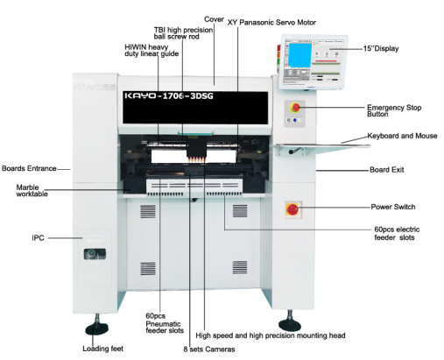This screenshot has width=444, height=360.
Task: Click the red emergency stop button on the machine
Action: [x=296, y=108]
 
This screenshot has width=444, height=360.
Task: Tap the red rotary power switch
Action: [x=292, y=209]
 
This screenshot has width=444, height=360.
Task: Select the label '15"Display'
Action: [x=381, y=48]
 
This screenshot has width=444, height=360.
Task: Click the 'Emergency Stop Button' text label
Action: [x=394, y=110]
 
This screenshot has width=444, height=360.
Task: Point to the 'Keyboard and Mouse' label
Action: [x=402, y=136]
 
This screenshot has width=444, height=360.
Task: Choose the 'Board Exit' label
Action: [x=387, y=170]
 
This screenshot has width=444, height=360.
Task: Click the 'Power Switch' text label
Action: [x=393, y=207]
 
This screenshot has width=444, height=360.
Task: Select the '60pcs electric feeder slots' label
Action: [x=397, y=233]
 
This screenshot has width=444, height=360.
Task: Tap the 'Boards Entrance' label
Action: [x=29, y=168]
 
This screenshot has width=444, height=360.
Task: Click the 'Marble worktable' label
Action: [x=32, y=190]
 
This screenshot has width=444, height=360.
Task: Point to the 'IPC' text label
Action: [x=38, y=238]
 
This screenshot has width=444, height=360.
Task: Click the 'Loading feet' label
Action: [x=102, y=349]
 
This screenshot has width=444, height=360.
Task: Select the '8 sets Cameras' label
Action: [x=209, y=349]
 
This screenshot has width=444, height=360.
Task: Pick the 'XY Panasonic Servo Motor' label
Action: [x=271, y=23]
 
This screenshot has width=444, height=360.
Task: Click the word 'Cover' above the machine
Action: [x=214, y=19]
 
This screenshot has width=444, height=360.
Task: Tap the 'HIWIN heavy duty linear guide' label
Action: [x=152, y=50]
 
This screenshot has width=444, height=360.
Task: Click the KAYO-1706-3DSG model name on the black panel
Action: [x=169, y=95]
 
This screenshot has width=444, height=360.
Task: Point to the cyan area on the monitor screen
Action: [x=300, y=54]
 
